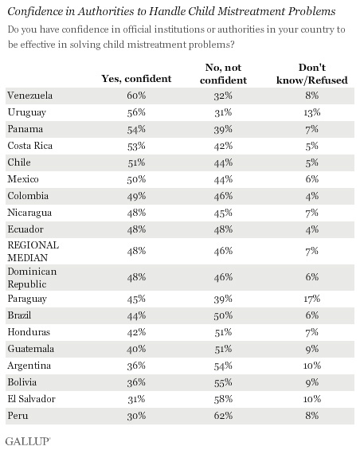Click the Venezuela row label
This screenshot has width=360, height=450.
30,96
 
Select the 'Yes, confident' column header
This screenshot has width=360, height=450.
136,79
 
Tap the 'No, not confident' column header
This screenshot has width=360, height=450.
223,74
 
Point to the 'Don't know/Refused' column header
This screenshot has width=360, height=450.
312,74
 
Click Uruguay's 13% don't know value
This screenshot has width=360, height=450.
312,112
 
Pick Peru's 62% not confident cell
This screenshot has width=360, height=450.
223,416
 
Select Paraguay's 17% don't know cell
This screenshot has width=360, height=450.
312,299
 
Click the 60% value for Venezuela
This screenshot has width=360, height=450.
136,96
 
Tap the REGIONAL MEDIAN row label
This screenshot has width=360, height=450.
33,252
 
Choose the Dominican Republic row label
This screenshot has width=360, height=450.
32,278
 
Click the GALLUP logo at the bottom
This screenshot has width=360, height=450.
28,441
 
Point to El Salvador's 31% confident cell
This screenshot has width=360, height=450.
136,399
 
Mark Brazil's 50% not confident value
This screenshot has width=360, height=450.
223,315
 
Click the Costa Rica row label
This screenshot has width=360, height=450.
30,146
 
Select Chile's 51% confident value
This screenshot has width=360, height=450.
136,162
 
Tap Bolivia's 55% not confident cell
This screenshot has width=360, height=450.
223,382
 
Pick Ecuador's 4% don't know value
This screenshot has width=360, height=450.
312,229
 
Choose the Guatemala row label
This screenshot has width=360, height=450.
31,349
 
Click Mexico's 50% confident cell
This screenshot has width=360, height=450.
136,179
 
